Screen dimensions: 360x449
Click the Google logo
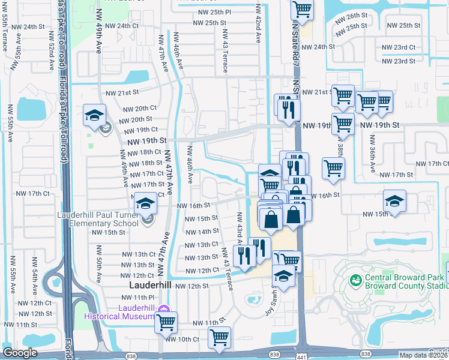(x=20, y=353)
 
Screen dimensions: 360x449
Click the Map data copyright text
(x=423, y=355)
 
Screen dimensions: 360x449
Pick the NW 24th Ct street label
(x=119, y=26)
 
